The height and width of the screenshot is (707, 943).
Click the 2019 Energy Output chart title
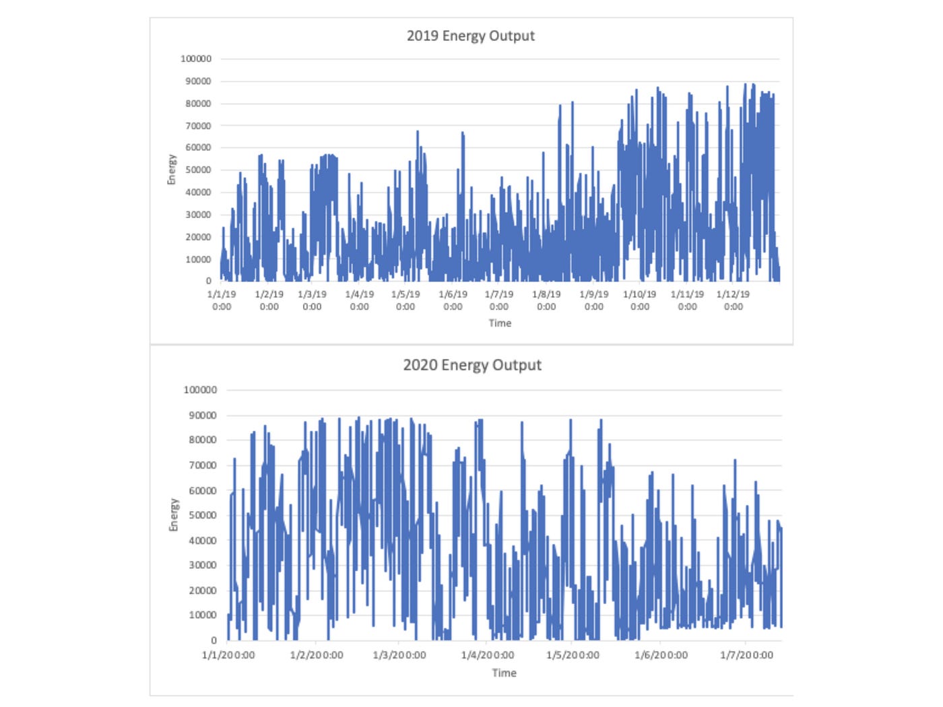coord(470,36)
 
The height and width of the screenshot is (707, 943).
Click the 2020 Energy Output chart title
coord(471,365)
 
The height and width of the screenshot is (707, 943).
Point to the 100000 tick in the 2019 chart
coord(195,59)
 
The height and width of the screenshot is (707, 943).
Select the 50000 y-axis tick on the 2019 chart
coord(198,170)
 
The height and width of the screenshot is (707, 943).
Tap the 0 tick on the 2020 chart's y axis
coord(214,640)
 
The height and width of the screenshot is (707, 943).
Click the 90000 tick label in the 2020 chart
coord(202,415)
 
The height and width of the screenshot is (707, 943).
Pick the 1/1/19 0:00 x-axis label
coord(222,300)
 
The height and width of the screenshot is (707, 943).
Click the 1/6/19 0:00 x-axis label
coord(453,300)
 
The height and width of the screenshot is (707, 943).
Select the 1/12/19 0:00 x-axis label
coord(733,300)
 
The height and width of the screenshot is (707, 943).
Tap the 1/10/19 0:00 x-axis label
coord(639,300)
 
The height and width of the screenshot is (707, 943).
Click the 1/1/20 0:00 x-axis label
coord(228,655)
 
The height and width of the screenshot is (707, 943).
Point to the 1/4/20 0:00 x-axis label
coord(488,655)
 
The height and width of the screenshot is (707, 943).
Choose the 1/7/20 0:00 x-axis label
coord(746,655)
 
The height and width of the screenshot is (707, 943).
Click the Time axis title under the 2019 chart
coord(500,323)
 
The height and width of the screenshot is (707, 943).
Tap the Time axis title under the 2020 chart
coord(504,673)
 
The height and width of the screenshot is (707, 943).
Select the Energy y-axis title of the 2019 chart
coord(172,170)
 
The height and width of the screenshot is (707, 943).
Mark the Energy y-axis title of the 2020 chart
coord(174,515)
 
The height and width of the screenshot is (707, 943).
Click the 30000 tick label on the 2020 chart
coord(202,566)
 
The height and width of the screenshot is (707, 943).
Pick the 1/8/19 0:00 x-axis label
coord(546,300)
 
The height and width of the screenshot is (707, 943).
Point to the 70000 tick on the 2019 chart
coord(198,126)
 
